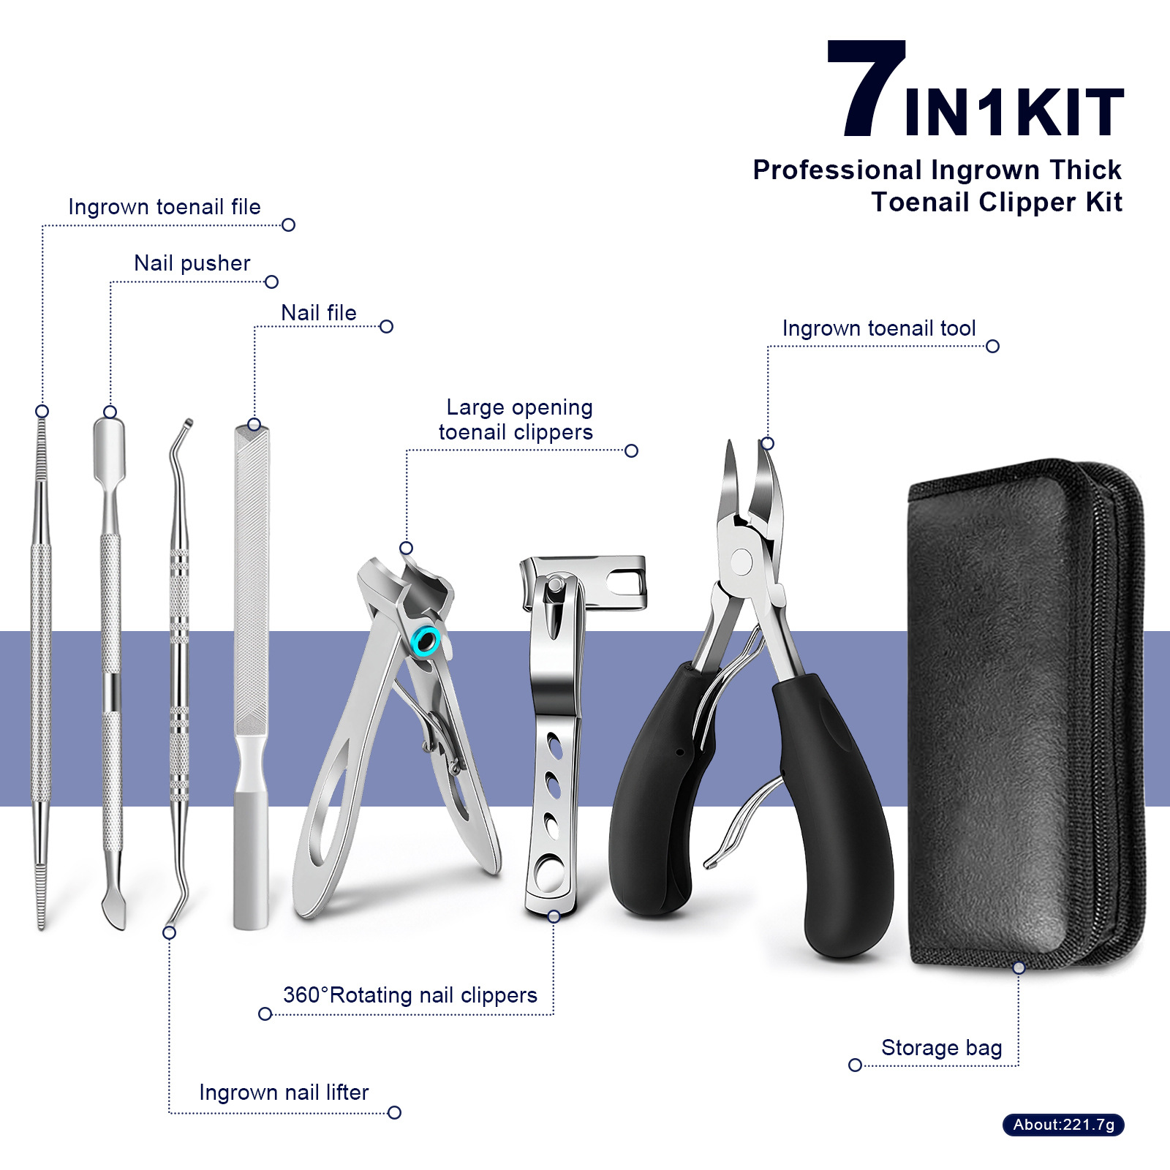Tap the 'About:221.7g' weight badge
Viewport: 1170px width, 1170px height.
tap(1063, 1125)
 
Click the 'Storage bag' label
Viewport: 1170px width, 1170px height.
tap(941, 1048)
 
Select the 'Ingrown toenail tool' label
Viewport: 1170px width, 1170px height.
tap(879, 328)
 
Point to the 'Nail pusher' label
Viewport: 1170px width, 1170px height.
tap(192, 263)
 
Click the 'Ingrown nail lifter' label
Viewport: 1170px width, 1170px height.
tap(284, 1092)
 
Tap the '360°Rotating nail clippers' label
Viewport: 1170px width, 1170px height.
tap(410, 995)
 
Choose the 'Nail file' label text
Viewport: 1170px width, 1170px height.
tap(319, 313)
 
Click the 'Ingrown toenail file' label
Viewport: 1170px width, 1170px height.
tap(165, 207)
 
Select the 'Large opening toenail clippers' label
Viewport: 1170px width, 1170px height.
tap(516, 420)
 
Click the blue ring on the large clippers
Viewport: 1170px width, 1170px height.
tap(426, 641)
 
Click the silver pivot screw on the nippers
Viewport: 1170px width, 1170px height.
tap(741, 562)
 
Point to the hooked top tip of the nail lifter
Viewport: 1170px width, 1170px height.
tap(188, 423)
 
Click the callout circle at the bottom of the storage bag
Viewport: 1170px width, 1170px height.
tap(1019, 967)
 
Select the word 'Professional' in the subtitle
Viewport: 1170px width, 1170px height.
tap(837, 170)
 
